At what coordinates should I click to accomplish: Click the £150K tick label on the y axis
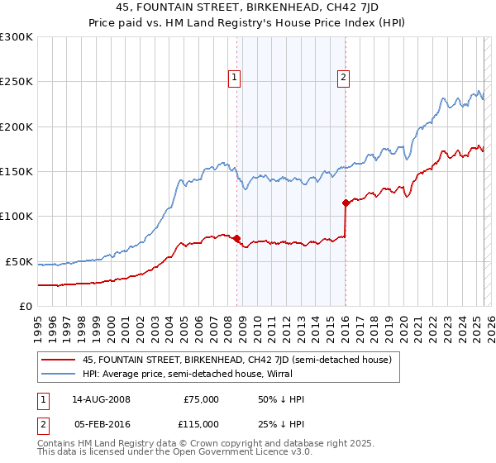[16, 172]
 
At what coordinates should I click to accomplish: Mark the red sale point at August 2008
[236, 238]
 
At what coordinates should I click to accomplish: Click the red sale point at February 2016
[345, 203]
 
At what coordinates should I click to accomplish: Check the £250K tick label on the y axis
[16, 82]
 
